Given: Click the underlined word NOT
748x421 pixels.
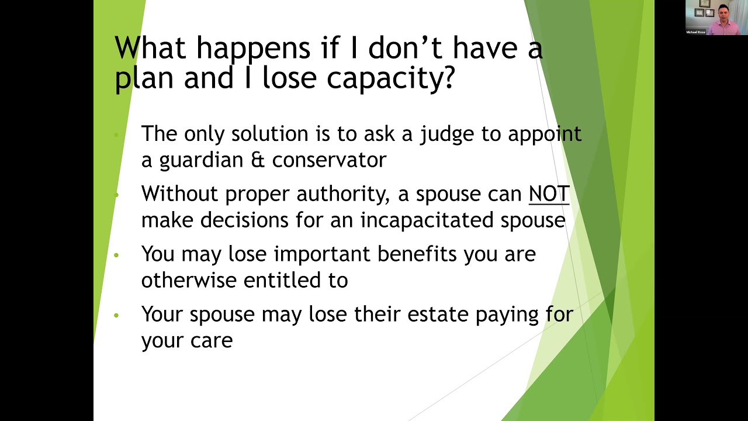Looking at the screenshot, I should [549, 194].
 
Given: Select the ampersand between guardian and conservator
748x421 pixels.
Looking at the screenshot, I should [257, 160].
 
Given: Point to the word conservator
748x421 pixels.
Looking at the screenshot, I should [329, 160].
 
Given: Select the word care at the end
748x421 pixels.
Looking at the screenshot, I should [210, 341].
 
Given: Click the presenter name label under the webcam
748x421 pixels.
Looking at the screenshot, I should [695, 32].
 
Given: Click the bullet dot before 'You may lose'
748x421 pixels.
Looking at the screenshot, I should [116, 255].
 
